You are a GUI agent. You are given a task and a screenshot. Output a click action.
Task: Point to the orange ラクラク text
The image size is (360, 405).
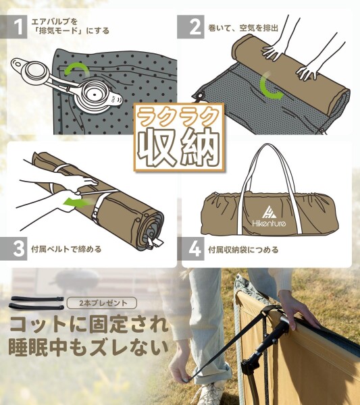click(x=180, y=117)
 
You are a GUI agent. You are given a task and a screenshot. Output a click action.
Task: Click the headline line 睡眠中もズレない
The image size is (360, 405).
click(x=88, y=349)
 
